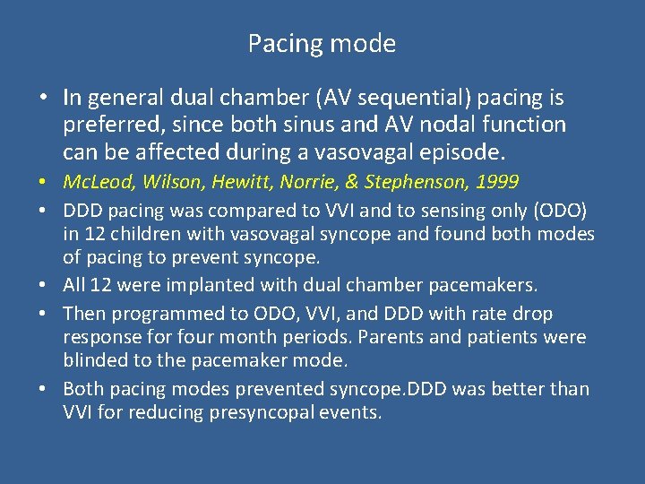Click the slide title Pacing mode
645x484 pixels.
coord(322,43)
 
